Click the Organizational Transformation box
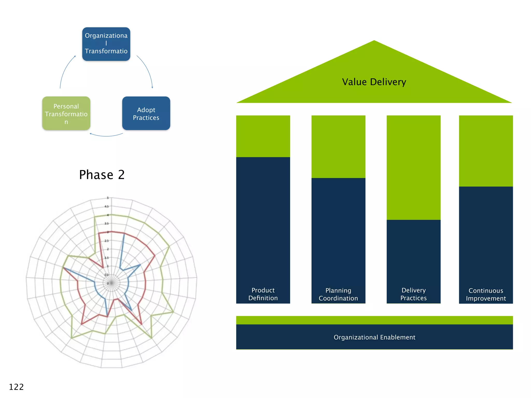[x=106, y=44]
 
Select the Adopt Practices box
[x=146, y=113]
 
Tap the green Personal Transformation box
[x=66, y=113]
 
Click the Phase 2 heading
[x=102, y=175]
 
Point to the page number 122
[x=16, y=387]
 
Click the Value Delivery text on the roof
[x=374, y=82]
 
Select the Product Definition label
[x=263, y=294]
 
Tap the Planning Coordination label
[x=338, y=294]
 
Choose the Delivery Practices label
[x=413, y=294]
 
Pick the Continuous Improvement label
[x=486, y=294]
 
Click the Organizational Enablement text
[x=374, y=337]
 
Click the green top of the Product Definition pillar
[x=263, y=136]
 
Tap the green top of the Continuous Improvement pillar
[x=486, y=151]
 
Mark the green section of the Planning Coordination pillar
[x=338, y=147]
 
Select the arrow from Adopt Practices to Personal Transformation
[x=106, y=136]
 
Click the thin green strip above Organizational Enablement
[x=374, y=320]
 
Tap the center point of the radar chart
[x=111, y=283]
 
